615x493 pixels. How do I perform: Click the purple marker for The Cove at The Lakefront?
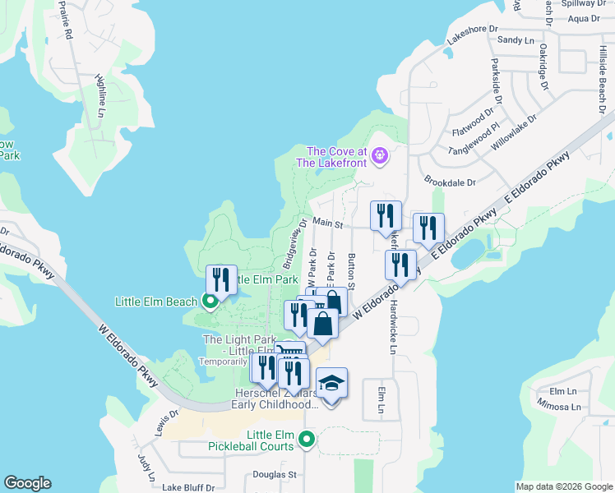click(x=379, y=154)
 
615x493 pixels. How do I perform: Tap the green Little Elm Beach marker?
click(x=210, y=301)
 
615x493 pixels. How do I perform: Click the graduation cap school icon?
click(x=331, y=384)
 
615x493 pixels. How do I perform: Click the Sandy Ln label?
click(x=516, y=39)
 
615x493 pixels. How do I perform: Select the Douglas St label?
click(x=275, y=475)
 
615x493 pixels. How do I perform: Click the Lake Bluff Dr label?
click(x=188, y=487)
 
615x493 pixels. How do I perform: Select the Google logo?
click(x=27, y=484)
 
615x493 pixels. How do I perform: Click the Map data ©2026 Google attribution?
click(x=563, y=486)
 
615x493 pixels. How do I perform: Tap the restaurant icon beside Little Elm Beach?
click(x=220, y=279)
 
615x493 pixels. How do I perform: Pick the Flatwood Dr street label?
click(x=474, y=124)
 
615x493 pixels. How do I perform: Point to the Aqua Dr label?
click(x=584, y=19)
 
